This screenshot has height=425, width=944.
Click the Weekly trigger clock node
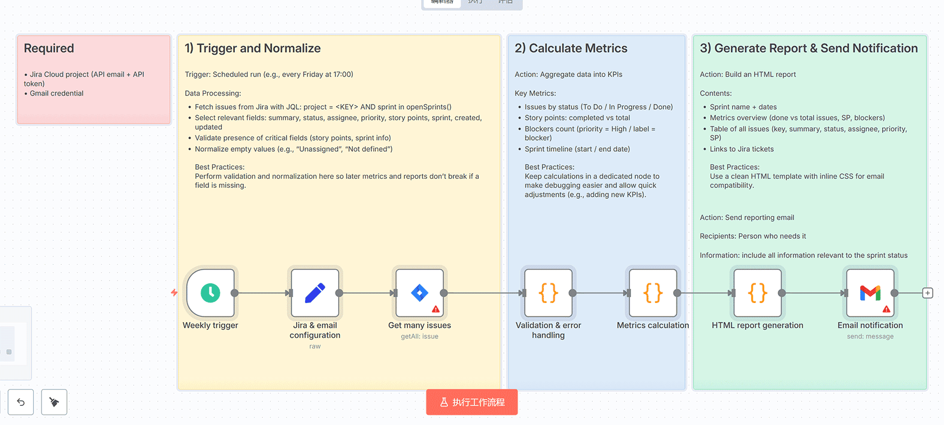point(210,293)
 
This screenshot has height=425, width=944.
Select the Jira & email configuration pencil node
point(315,293)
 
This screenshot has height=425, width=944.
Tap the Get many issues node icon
point(419,293)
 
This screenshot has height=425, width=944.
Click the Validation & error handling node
point(548,293)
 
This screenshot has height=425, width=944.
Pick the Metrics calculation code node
point(652,293)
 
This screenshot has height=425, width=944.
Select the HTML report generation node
point(757,293)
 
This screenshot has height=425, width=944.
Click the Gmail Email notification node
point(870,293)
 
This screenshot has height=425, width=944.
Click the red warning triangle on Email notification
point(886,309)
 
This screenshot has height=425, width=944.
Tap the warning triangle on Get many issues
point(435,309)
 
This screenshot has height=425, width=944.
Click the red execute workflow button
point(471,402)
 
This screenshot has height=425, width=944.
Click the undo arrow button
point(21,402)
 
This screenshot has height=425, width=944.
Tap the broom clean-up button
point(54,402)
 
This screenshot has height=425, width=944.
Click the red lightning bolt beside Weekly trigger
point(174,292)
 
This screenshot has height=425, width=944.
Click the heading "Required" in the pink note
point(49,48)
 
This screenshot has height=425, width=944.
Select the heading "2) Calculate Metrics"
point(571,48)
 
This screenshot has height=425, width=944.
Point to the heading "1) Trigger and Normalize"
point(253,48)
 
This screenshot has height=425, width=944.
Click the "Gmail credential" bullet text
point(56,93)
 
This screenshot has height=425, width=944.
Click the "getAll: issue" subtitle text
point(419,336)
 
